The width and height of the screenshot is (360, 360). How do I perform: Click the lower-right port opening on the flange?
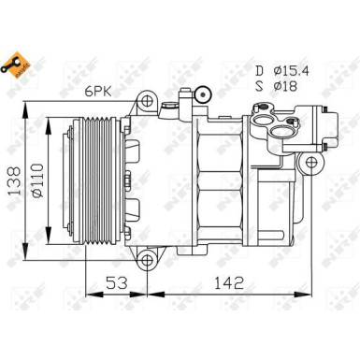(x=281, y=131)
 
